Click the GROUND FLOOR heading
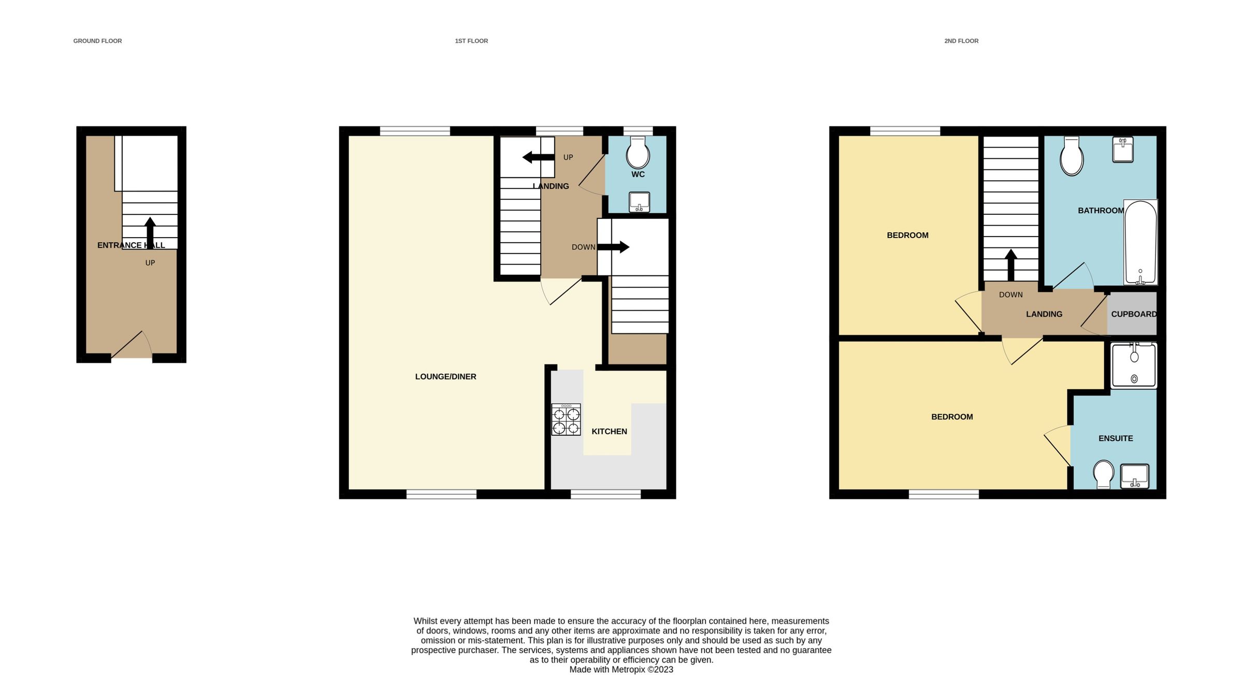point(97,41)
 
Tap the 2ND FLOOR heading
point(961,41)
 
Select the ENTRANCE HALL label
point(131,245)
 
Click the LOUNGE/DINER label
point(445,377)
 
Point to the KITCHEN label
point(609,431)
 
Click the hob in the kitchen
point(566,420)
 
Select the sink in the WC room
point(639,202)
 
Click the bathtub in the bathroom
point(1140,242)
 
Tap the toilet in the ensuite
point(1104,474)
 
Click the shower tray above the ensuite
point(1134,365)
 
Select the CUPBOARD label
point(1134,314)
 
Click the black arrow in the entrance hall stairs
point(150,232)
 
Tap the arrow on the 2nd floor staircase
point(1010,265)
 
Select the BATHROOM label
point(1101,211)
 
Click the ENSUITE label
point(1116,438)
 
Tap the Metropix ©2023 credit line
point(621,669)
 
